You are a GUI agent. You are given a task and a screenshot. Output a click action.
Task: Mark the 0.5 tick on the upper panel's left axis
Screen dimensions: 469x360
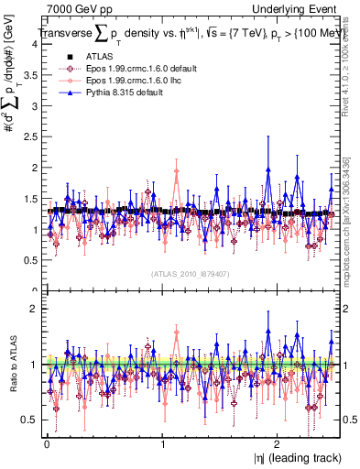[27, 259]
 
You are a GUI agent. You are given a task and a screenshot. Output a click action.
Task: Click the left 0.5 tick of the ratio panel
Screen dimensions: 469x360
[27, 420]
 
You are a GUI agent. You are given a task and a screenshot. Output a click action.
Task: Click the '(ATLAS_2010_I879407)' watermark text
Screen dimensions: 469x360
[189, 273]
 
